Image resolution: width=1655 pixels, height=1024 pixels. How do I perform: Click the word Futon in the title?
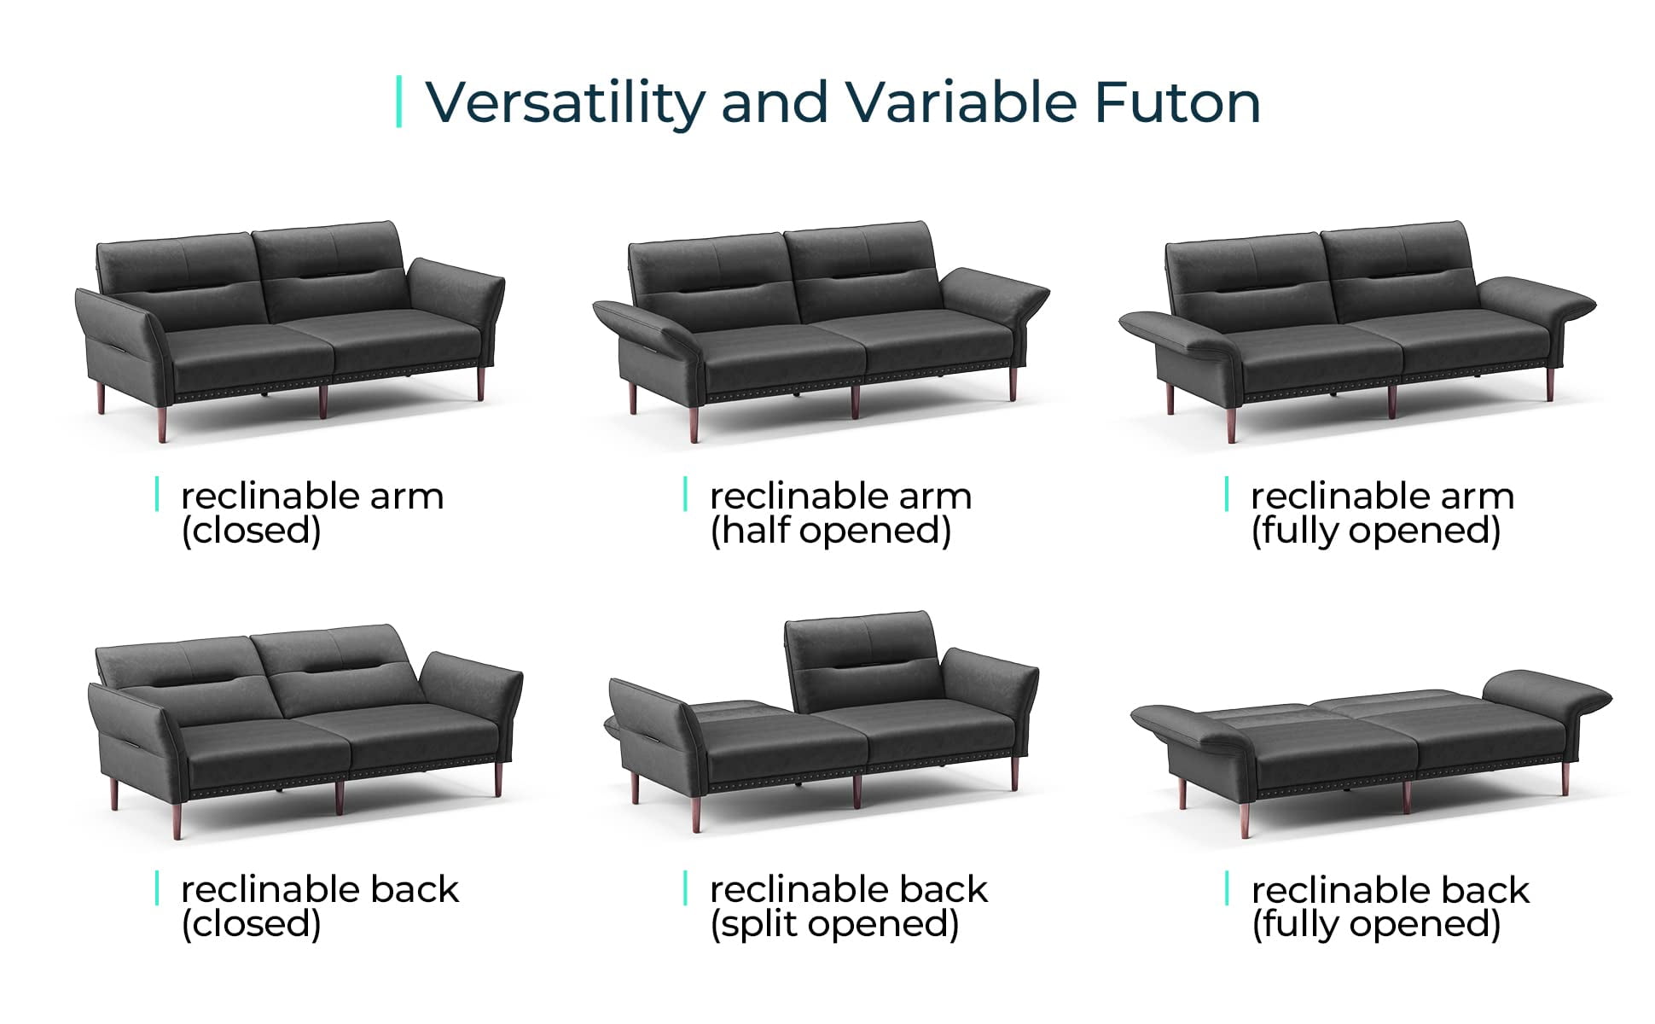coord(1177,102)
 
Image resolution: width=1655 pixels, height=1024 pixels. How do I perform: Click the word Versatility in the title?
coord(566,102)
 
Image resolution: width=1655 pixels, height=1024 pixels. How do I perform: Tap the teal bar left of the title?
coord(399,102)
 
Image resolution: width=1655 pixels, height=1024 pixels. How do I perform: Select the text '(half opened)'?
coord(830,531)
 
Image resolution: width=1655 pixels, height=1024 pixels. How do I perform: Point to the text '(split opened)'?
coord(834,924)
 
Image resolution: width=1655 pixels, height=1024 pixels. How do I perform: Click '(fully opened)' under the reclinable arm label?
coord(1375,531)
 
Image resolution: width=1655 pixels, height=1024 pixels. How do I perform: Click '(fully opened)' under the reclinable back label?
coord(1375,924)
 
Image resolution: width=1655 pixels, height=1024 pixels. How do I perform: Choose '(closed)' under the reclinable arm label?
coord(251,531)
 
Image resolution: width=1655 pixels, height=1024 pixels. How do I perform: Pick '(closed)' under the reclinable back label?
coord(251,924)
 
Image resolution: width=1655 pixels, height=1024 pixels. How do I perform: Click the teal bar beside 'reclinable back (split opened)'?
coord(685,888)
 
